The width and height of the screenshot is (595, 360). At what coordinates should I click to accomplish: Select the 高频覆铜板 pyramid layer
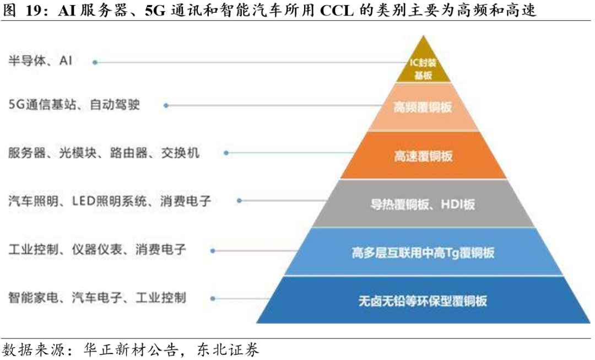pos(423,108)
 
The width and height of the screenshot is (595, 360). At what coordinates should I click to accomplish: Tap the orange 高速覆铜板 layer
pos(423,155)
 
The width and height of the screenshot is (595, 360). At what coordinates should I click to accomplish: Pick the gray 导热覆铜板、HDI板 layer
pos(423,204)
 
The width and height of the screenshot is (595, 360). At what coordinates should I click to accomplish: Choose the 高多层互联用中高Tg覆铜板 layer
pos(423,252)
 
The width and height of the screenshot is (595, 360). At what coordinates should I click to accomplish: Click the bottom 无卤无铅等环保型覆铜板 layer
pos(423,300)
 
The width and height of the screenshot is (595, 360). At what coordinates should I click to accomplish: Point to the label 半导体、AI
pos(40,61)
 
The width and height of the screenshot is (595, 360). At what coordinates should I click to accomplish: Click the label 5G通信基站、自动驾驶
pos(74,104)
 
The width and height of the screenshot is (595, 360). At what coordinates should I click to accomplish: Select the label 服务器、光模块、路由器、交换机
pos(104,153)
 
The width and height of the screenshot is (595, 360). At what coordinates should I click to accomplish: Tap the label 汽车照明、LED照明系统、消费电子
pos(110,201)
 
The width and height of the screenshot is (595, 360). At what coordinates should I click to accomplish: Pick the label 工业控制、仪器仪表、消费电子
pos(97,250)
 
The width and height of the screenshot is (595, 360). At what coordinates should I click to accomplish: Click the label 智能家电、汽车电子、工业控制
pos(97,298)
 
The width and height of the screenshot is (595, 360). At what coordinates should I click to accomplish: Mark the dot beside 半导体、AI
pos(95,62)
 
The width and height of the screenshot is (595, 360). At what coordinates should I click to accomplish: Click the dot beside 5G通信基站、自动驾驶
pos(166,105)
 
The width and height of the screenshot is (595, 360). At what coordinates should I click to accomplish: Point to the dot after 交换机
pos(226,153)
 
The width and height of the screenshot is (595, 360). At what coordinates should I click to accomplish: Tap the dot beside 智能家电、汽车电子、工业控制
pos(213,298)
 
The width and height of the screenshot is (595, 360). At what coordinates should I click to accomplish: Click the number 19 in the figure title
pos(34,10)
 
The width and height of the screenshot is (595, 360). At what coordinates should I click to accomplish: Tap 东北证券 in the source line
pos(228,350)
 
